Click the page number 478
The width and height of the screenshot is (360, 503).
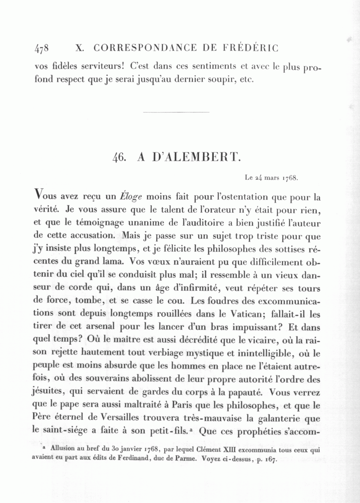coord(42,49)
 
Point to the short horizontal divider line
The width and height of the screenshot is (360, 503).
coord(176,112)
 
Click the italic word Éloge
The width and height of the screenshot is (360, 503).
coord(132,197)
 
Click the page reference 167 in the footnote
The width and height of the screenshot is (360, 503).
coord(272,459)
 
